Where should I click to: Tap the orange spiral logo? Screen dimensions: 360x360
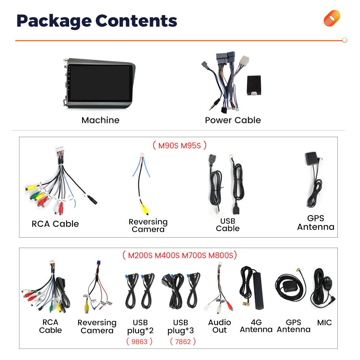[332, 18]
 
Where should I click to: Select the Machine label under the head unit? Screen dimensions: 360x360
[100, 120]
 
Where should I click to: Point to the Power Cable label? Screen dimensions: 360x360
[233, 120]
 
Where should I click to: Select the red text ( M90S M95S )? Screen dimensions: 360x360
[179, 145]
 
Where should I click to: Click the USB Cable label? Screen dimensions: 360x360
[228, 224]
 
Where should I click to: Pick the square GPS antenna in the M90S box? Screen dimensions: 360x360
[311, 159]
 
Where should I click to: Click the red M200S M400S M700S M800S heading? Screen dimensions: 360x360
[180, 256]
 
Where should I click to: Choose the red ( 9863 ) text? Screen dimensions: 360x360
[139, 341]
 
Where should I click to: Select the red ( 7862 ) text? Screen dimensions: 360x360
[183, 341]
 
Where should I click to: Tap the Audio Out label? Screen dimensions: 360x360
[220, 326]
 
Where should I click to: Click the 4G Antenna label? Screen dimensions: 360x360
[256, 326]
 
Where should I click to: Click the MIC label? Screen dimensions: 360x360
[324, 323]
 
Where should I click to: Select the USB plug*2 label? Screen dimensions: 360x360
[140, 326]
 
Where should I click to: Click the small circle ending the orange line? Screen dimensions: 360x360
[345, 40]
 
